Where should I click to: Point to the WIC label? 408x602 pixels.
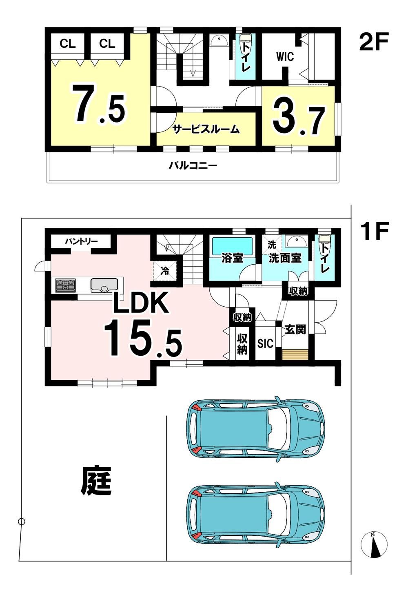tap(285, 57)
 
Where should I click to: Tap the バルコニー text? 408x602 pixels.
tap(193, 165)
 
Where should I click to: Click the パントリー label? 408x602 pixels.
tap(81, 241)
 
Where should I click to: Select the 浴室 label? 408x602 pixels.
tap(232, 258)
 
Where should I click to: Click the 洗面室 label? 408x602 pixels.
tap(285, 258)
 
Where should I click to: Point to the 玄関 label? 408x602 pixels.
tap(295, 330)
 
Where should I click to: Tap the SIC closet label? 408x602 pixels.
tap(265, 343)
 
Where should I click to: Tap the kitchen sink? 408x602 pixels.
tap(104, 285)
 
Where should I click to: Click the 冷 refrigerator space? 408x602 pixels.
tap(165, 272)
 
